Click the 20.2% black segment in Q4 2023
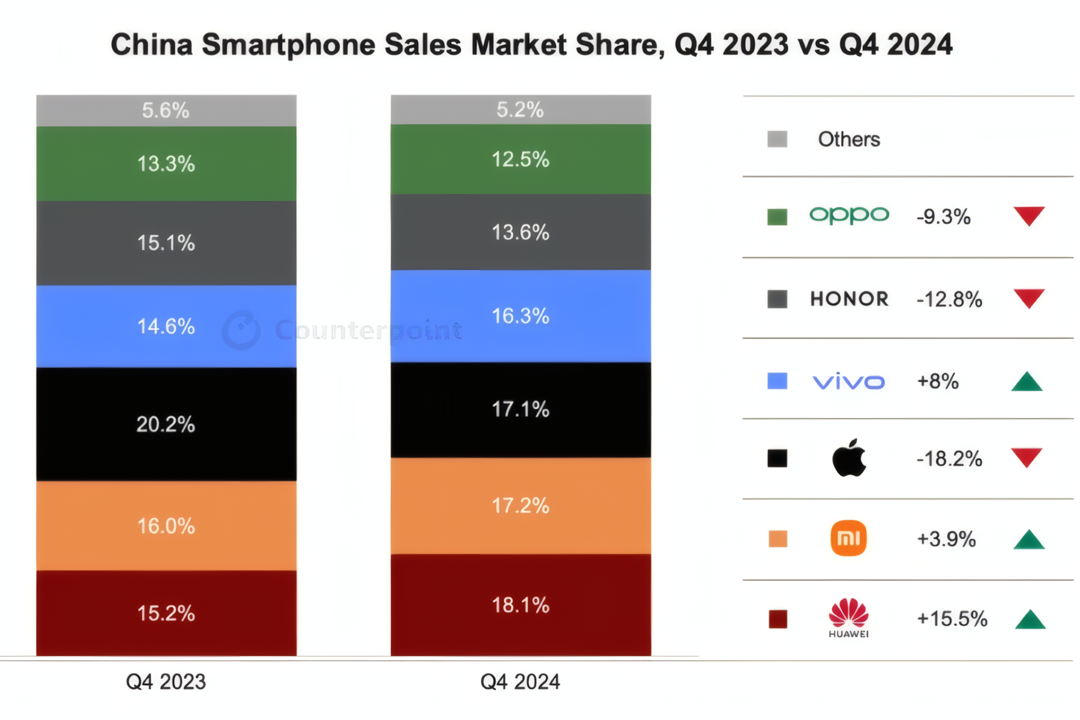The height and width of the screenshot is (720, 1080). coord(166,424)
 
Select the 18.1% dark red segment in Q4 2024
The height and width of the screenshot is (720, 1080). coord(520,605)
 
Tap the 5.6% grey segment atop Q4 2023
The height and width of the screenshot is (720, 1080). coord(166,110)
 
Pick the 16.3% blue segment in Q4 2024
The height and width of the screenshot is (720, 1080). coord(520,316)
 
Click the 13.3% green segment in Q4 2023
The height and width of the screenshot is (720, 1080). coord(166,163)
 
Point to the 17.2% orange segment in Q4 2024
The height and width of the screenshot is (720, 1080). coord(520,505)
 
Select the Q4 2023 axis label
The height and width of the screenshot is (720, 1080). coord(166,682)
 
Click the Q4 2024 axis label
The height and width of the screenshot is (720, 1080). coord(520,682)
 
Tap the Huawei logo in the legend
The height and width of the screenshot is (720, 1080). coord(848,617)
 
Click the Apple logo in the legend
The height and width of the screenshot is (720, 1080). coord(849,458)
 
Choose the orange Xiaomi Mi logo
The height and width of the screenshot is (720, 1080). coord(848,538)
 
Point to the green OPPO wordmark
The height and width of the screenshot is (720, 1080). coord(849,215)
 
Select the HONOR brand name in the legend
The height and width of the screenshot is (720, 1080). coord(849,299)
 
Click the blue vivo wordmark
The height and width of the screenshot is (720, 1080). coord(848,382)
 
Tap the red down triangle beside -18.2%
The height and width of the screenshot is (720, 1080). coord(1027,457)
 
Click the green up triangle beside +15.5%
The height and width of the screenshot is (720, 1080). coord(1030,620)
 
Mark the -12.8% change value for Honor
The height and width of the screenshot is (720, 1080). coord(949,299)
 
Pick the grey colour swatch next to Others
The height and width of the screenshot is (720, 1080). coord(778,139)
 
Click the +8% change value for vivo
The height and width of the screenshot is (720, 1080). coord(937,381)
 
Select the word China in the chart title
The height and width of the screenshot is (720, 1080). coord(151,44)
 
